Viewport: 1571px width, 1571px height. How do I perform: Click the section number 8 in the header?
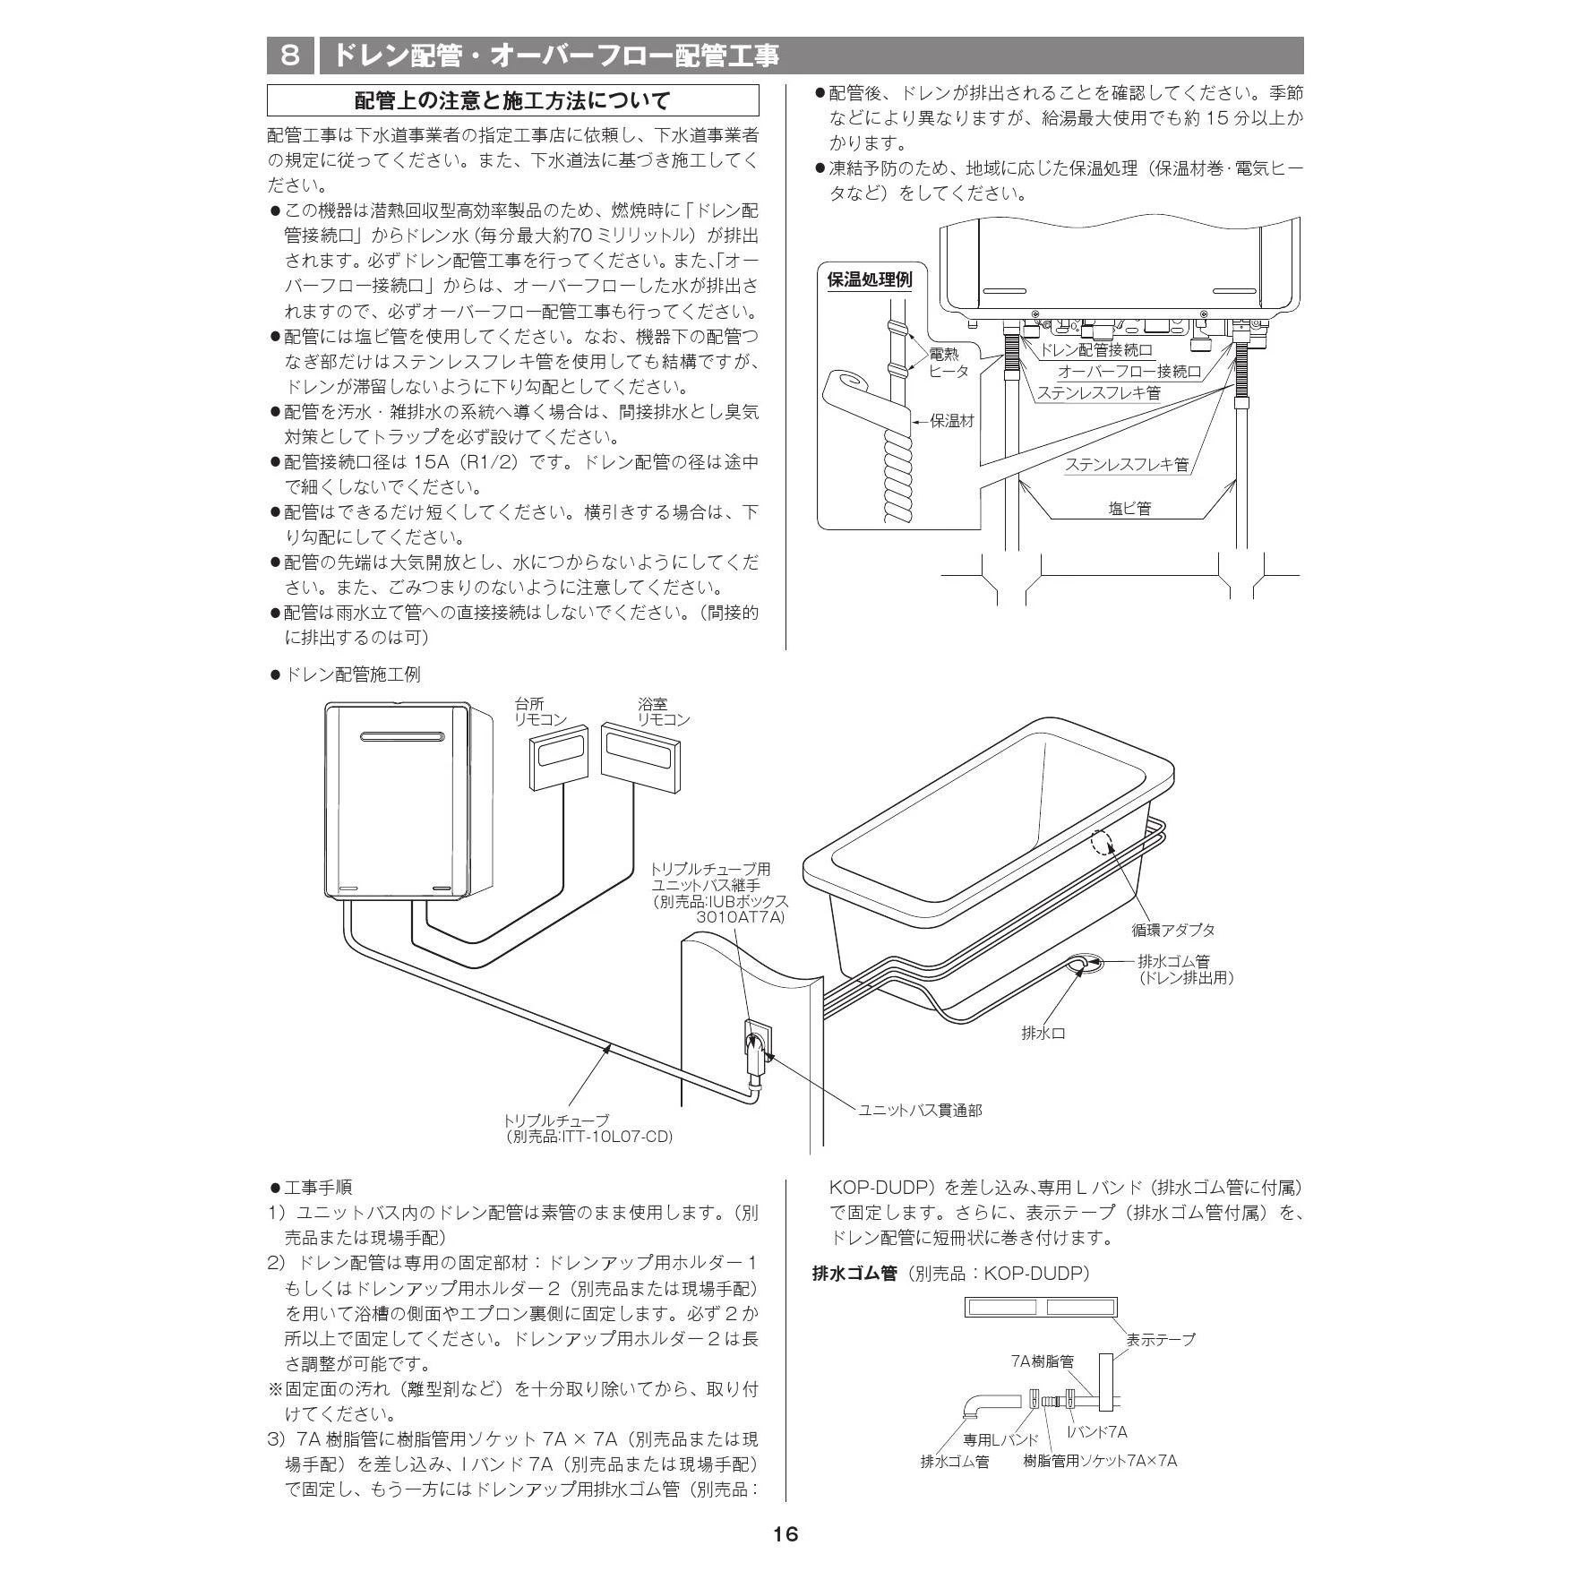point(290,56)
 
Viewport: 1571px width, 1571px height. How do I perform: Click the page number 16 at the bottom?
point(785,1534)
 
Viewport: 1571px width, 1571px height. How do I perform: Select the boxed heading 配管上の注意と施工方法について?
point(512,100)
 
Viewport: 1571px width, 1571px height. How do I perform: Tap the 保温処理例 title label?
point(869,279)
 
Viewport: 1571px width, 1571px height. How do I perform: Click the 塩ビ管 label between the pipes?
point(1129,508)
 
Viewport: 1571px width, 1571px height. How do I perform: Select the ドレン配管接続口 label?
point(1096,350)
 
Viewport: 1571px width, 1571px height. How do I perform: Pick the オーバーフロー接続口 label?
point(1129,371)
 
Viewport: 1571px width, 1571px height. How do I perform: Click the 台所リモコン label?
point(541,712)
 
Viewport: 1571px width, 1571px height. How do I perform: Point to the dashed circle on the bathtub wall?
point(1102,844)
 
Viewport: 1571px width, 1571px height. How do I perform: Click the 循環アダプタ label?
point(1172,930)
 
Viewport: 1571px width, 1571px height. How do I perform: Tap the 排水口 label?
point(1043,1033)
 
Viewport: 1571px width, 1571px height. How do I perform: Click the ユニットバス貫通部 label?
point(920,1110)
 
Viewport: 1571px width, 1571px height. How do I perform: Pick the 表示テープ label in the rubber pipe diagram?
point(1160,1339)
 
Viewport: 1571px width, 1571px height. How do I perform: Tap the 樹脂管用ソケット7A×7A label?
point(1100,1461)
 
